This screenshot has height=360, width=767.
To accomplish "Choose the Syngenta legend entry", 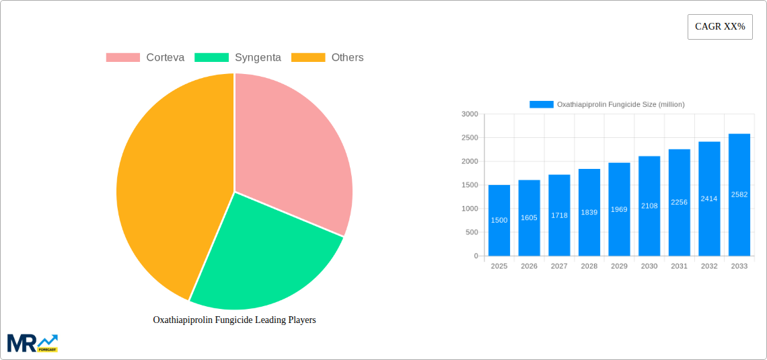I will pyautogui.click(x=238, y=57).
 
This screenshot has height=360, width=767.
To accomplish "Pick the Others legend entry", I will pyautogui.click(x=328, y=57).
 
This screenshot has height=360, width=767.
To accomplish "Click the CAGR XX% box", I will pyautogui.click(x=720, y=27).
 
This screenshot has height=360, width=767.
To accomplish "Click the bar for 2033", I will pyautogui.click(x=739, y=195).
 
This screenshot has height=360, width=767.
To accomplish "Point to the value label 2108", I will pyautogui.click(x=649, y=206).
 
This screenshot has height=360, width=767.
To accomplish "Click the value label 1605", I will pyautogui.click(x=529, y=217).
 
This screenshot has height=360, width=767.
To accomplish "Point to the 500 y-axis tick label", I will pyautogui.click(x=471, y=232).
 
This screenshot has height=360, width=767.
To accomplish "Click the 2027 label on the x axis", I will pyautogui.click(x=559, y=266).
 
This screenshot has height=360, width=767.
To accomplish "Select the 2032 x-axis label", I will pyautogui.click(x=709, y=266).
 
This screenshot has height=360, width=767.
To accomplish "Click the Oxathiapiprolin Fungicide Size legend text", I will pyautogui.click(x=620, y=104).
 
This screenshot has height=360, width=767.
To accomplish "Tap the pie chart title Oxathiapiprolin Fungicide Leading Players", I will pyautogui.click(x=234, y=320).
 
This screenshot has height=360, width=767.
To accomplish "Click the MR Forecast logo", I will pyautogui.click(x=32, y=343).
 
